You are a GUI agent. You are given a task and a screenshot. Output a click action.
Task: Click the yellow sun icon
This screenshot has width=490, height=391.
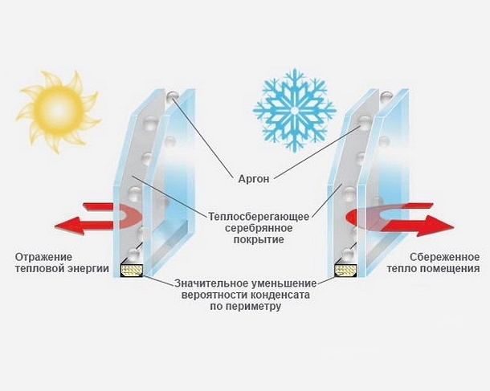pyautogui.click(x=59, y=112)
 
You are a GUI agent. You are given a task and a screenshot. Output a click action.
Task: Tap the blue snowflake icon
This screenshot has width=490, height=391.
pyautogui.click(x=294, y=111)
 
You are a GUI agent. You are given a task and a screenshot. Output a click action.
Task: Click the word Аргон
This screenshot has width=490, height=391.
pyautogui.click(x=254, y=179)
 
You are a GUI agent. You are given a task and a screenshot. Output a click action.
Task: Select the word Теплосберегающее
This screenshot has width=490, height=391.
pyautogui.click(x=259, y=217)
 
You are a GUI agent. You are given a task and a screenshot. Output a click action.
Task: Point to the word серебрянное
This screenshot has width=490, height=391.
pyautogui.click(x=259, y=228)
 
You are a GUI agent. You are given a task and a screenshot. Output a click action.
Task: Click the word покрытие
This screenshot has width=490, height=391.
pyautogui.click(x=259, y=239)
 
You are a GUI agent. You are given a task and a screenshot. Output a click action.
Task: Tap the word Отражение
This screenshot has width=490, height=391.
pyautogui.click(x=43, y=257)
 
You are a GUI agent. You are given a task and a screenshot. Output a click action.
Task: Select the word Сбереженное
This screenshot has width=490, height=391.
pyautogui.click(x=444, y=257)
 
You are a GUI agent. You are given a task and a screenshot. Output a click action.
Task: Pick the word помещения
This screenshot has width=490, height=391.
pyautogui.click(x=450, y=269)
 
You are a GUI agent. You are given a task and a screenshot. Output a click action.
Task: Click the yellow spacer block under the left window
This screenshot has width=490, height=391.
pyautogui.click(x=132, y=270)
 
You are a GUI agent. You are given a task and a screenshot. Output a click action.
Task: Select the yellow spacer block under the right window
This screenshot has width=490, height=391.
pyautogui.click(x=345, y=271)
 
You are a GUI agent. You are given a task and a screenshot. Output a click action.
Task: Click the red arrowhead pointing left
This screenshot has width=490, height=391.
pyautogui.click(x=69, y=226)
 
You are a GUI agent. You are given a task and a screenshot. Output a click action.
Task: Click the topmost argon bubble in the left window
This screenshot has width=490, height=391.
pyautogui.click(x=172, y=95)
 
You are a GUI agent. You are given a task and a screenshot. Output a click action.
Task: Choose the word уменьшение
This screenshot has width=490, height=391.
pyautogui.click(x=284, y=283)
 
